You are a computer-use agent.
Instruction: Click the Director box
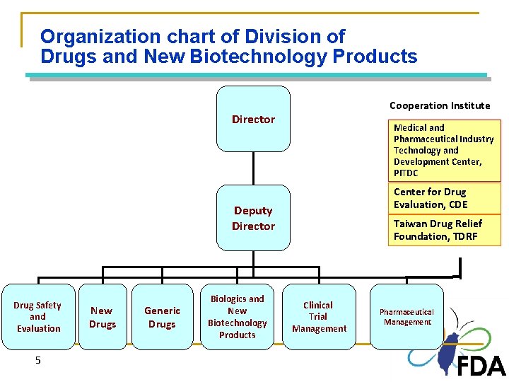253,119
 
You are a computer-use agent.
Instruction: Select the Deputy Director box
253,218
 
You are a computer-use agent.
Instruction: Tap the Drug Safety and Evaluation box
37,317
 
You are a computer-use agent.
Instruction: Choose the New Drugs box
102,317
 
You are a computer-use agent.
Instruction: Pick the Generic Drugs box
162,317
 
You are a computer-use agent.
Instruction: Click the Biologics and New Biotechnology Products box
238,317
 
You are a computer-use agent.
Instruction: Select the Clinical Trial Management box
319,317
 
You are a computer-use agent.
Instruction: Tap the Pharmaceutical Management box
406,317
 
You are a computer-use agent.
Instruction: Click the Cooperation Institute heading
439,105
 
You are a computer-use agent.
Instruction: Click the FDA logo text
481,366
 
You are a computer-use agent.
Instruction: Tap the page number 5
38,360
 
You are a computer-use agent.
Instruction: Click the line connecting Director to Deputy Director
253,168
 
